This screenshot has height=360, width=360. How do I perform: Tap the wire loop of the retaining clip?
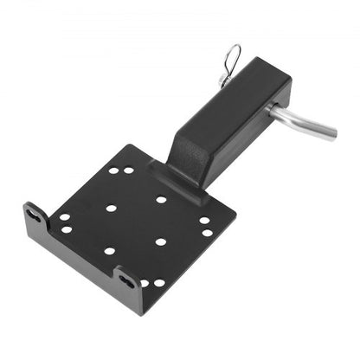click(233, 58)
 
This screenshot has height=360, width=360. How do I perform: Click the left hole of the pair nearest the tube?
click(113, 170)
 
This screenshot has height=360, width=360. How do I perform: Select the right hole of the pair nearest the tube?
click(129, 170)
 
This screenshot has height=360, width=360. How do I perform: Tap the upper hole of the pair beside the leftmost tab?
click(65, 218)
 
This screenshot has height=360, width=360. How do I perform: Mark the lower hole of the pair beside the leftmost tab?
click(67, 229)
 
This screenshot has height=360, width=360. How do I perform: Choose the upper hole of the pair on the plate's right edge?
click(204, 220)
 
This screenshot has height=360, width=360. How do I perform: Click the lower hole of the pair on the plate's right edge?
click(206, 232)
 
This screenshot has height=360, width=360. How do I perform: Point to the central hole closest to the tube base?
click(161, 200)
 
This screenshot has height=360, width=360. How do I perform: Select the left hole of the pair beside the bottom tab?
click(145, 283)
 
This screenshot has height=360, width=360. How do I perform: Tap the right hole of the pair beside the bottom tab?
click(159, 282)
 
